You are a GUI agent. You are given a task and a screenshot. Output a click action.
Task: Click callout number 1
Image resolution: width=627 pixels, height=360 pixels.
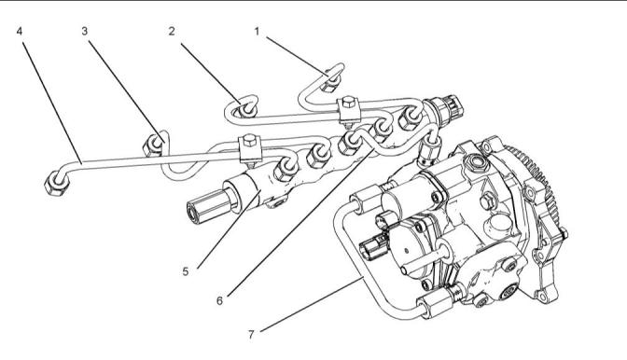[258, 31]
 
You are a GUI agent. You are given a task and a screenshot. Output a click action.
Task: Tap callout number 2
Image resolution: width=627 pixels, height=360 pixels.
[172, 31]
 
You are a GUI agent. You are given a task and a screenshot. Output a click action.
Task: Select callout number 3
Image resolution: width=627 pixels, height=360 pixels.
[84, 31]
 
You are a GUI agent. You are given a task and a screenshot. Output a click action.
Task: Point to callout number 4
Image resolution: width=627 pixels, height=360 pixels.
[20, 31]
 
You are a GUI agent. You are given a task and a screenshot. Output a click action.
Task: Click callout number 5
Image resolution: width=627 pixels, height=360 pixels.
[185, 271]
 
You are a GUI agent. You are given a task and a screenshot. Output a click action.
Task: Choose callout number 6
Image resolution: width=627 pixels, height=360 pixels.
[219, 300]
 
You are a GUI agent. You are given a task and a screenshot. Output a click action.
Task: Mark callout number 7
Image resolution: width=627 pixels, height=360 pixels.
[251, 334]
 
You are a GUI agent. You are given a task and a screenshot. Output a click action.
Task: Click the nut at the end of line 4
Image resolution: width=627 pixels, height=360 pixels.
[56, 184]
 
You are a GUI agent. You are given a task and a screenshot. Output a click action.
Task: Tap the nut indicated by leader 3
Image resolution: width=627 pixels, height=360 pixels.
[153, 145]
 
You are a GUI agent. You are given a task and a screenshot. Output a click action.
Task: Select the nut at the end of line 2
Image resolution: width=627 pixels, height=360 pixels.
[247, 109]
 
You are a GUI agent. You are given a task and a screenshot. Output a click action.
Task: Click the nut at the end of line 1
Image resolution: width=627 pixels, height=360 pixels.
[331, 83]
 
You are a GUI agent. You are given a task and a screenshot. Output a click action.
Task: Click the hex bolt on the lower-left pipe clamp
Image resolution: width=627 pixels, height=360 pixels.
[249, 140]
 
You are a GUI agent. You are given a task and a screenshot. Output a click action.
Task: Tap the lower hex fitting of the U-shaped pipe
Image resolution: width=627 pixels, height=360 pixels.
[434, 304]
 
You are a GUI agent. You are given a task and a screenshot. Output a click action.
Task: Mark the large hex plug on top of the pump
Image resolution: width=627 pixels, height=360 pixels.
[475, 164]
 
